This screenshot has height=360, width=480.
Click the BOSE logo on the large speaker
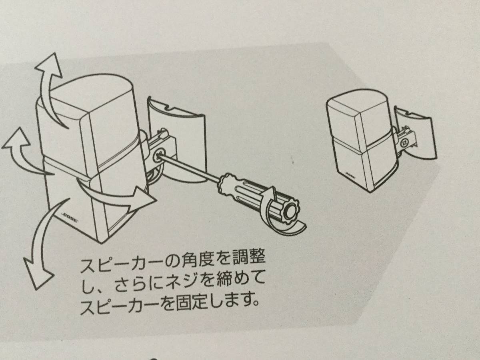point(70,218)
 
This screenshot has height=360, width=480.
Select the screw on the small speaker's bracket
point(404,143)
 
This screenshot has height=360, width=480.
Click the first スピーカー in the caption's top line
point(114,266)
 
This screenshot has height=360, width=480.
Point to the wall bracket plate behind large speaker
point(177,140)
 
